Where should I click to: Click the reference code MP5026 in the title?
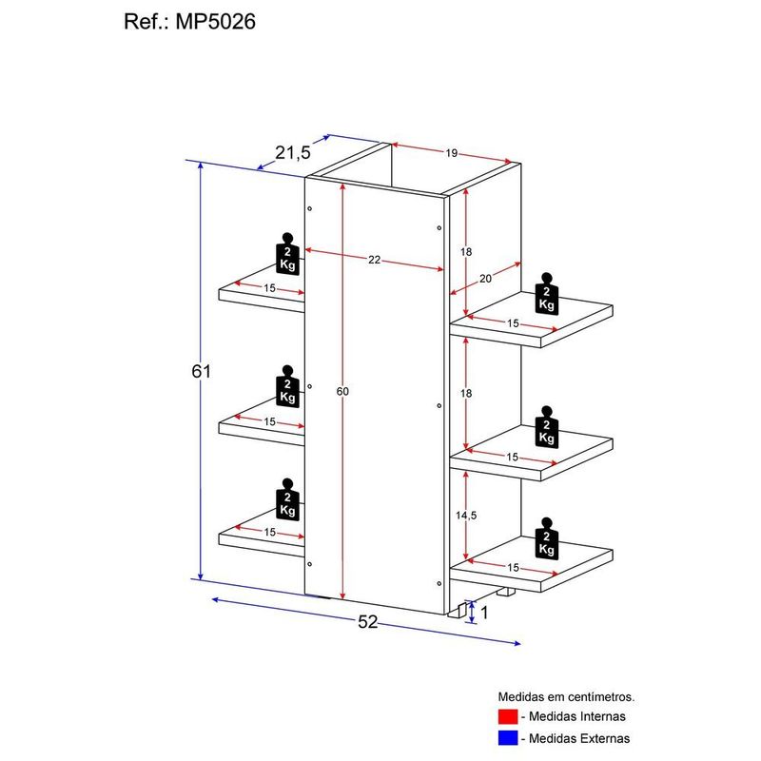tap(215, 22)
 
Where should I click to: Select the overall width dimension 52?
tap(368, 622)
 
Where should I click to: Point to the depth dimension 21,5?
tap(293, 152)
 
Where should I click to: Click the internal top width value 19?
tap(452, 152)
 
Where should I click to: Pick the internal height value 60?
tap(343, 391)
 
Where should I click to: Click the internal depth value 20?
tap(486, 278)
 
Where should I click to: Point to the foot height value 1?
tap(484, 613)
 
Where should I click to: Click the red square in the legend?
tap(507, 716)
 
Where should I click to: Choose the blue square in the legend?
tap(507, 737)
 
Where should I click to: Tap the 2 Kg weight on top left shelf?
tap(287, 254)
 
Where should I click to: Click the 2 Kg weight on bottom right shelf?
tap(546, 538)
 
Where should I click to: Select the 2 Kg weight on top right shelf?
tap(546, 293)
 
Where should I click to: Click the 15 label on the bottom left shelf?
tap(270, 533)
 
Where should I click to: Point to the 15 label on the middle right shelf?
tap(513, 458)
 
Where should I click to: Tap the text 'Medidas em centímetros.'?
tap(566, 696)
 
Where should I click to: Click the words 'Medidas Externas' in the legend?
tap(580, 737)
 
